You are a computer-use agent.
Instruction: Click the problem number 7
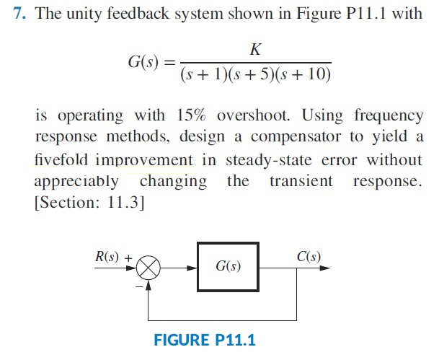pyautogui.click(x=20, y=15)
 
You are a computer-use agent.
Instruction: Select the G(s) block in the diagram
pyautogui.click(x=228, y=267)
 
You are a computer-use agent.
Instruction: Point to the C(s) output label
pyautogui.click(x=309, y=256)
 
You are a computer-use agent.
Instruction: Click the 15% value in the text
pyautogui.click(x=191, y=116)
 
